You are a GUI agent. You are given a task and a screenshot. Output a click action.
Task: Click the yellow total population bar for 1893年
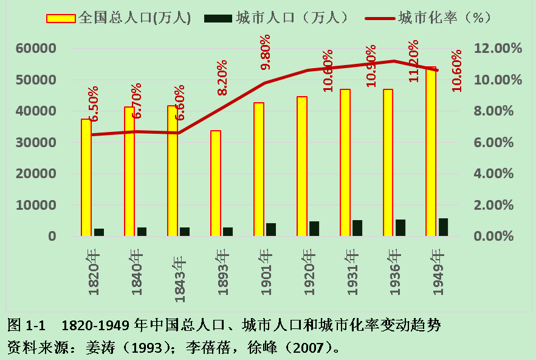click(x=216, y=183)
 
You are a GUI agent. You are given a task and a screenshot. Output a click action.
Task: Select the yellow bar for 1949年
click(x=431, y=151)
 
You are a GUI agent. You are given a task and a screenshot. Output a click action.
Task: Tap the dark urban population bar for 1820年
click(x=98, y=232)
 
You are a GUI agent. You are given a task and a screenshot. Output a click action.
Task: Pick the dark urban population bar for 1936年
click(x=400, y=227)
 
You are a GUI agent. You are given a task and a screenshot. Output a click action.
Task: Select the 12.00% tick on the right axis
click(x=496, y=49)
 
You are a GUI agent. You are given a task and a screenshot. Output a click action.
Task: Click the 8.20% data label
click(x=222, y=77)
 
